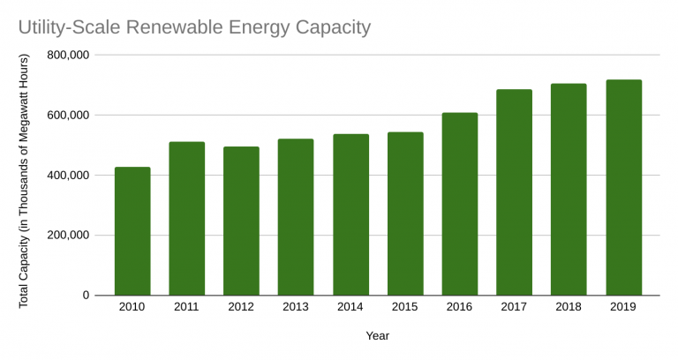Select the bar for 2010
point(132,231)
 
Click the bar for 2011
point(187,219)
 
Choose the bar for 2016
point(460,204)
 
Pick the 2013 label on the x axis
point(296,306)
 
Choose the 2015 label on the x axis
point(405,306)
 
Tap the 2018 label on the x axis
point(569,306)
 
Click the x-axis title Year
point(378,335)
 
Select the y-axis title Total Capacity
point(25,181)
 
